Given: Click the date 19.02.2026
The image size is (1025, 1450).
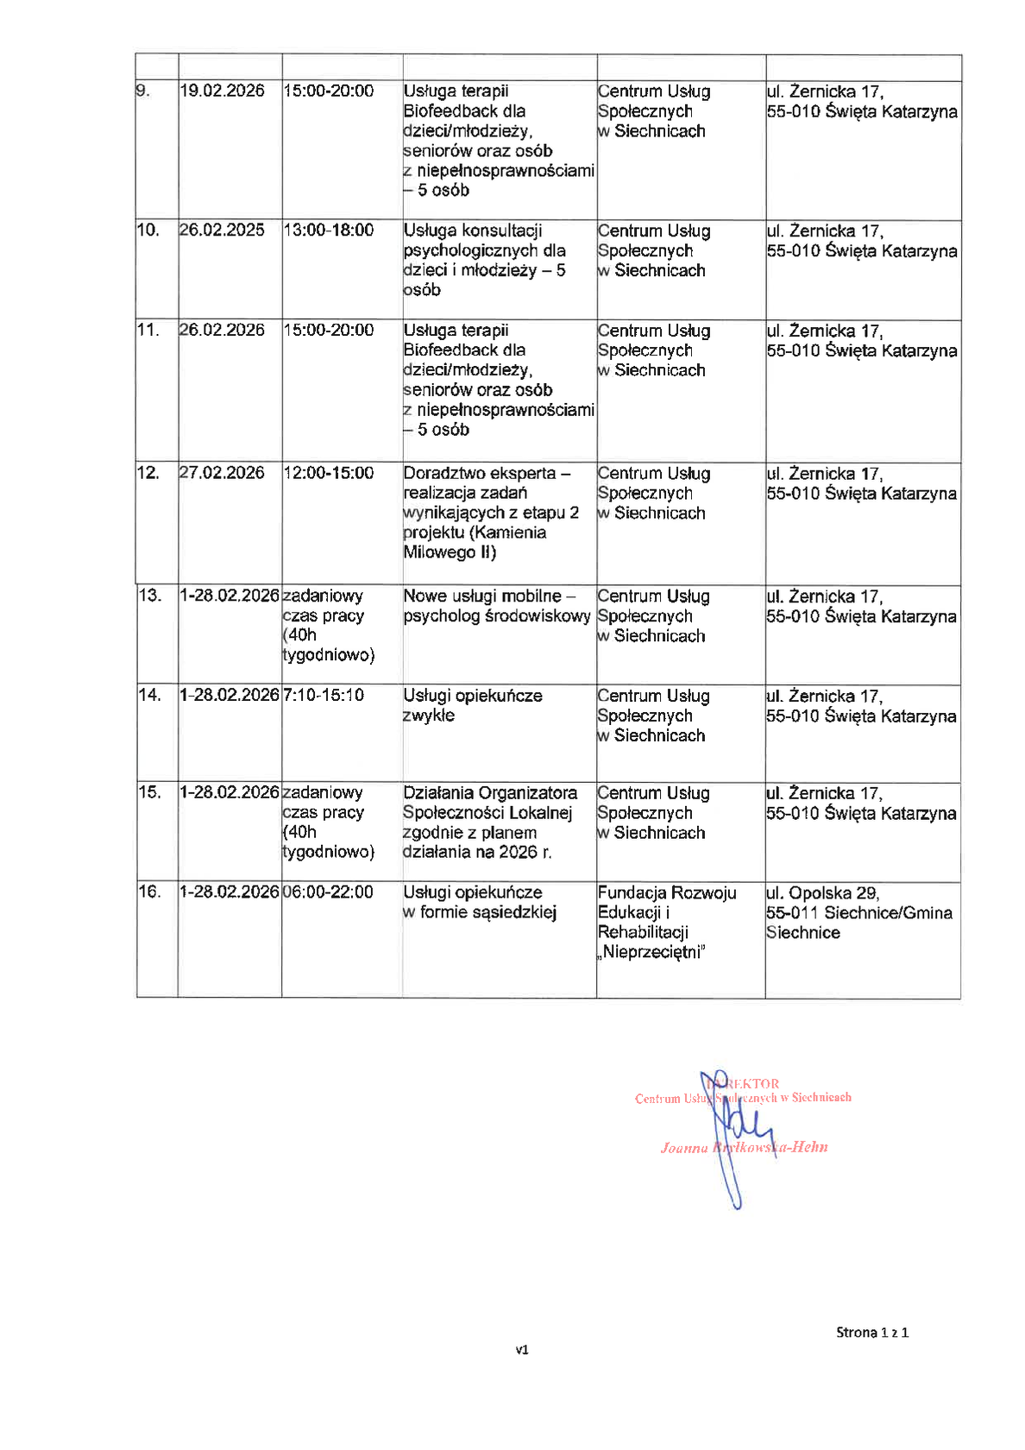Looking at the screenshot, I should (222, 91).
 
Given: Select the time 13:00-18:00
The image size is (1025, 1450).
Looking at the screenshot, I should (328, 230).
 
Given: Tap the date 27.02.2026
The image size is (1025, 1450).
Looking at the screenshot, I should (222, 473).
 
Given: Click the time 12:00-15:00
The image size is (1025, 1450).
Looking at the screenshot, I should (328, 473).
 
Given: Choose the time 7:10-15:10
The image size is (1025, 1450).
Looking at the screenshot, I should (324, 696).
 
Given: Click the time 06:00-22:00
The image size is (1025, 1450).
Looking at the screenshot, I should (328, 892).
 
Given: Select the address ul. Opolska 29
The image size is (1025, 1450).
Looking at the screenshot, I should (822, 893).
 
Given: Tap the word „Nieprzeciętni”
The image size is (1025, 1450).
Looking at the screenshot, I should (651, 953).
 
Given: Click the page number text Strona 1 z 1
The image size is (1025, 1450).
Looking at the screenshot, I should (871, 1333).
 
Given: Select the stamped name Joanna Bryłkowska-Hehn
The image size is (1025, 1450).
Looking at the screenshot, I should (744, 1148).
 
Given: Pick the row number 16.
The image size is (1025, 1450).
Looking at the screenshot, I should (149, 892).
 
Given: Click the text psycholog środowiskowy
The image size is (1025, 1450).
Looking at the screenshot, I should (496, 616).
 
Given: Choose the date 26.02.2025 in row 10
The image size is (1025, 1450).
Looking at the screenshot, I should (222, 230).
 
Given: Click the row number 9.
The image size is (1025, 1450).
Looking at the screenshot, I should (142, 91).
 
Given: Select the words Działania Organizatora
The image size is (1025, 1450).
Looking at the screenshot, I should (489, 793).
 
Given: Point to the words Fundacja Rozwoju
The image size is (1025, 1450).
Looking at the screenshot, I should (666, 893).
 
